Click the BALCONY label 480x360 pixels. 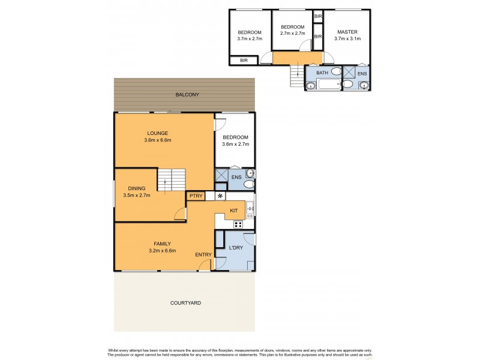[x=187, y=95]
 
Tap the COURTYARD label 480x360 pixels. [x=185, y=303]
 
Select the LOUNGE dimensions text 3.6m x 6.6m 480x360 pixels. [x=158, y=140]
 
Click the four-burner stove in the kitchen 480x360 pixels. [x=238, y=224]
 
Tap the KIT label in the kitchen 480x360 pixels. [x=235, y=211]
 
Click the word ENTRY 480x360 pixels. [x=203, y=255]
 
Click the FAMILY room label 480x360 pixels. [x=163, y=244]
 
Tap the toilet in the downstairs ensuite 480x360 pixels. [x=249, y=185]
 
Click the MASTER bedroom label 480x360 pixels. [x=347, y=32]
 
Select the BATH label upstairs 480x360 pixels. [x=322, y=73]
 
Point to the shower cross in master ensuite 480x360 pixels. [x=348, y=73]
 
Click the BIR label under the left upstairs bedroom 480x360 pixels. [x=244, y=61]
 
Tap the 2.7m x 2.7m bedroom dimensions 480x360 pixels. [x=293, y=34]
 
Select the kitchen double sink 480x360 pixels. [x=251, y=208]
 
